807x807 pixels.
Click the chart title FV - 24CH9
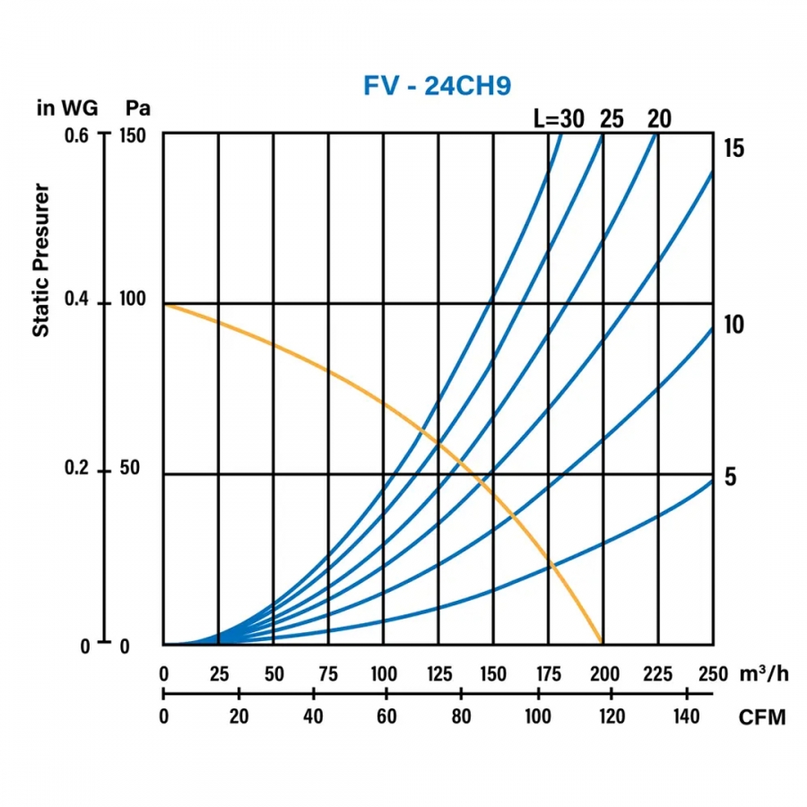coord(437,85)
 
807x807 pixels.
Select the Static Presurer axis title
coord(40,261)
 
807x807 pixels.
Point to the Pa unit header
coord(137,108)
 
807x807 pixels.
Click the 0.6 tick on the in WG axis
coord(78,135)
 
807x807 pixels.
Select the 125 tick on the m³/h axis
coord(438,674)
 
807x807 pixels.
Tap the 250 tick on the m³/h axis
coord(713,674)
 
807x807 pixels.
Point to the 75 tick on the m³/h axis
coord(328,674)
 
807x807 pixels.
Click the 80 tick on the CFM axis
coord(461,717)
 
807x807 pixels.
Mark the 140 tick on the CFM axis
coord(686,717)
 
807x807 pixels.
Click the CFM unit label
coord(762,718)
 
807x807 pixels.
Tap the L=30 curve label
coord(556,117)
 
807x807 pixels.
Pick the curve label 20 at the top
coord(658,117)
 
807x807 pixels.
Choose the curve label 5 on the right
coord(730,476)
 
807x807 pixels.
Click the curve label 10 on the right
coord(734,324)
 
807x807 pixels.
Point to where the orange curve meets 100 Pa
coord(165,305)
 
